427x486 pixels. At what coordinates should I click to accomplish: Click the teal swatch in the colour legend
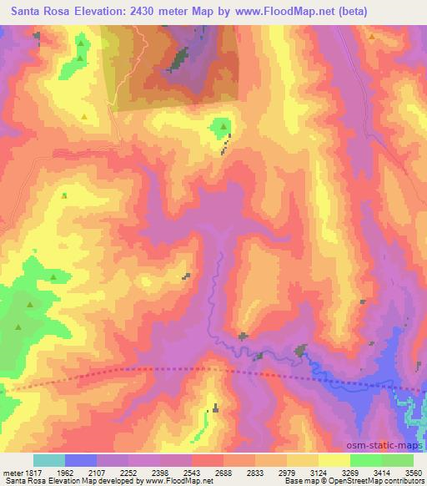point(48,460)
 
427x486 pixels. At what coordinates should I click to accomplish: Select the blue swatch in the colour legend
point(80,460)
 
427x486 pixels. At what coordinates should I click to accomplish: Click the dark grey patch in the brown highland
point(178,59)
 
